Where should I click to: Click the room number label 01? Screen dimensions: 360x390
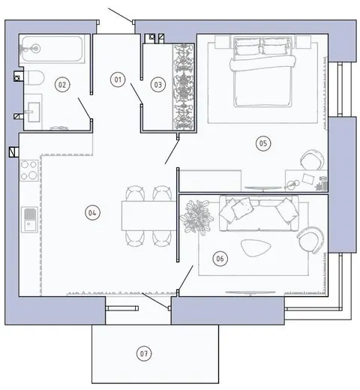pyautogui.click(x=118, y=79)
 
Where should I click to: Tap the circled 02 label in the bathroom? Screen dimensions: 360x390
pyautogui.click(x=62, y=85)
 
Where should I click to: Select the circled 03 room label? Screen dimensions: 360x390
pyautogui.click(x=158, y=85)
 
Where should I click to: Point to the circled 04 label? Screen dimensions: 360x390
pyautogui.click(x=92, y=213)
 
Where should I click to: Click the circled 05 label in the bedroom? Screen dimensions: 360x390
pyautogui.click(x=263, y=143)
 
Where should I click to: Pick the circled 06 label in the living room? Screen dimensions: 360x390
pyautogui.click(x=220, y=259)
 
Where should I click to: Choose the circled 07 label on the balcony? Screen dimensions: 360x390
pyautogui.click(x=144, y=353)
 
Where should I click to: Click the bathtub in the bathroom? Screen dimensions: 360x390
pyautogui.click(x=52, y=49)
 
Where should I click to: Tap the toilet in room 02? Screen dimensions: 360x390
pyautogui.click(x=34, y=78)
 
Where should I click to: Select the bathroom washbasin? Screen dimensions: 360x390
pyautogui.click(x=34, y=112)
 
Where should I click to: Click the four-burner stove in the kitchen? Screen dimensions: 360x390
pyautogui.click(x=29, y=170)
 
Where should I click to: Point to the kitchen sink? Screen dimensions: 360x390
pyautogui.click(x=29, y=220)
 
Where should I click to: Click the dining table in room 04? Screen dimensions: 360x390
pyautogui.click(x=149, y=215)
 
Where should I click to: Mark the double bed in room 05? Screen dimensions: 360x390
pyautogui.click(x=262, y=72)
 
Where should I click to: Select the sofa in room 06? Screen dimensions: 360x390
pyautogui.click(x=259, y=213)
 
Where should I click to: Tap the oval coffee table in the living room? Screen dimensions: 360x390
pyautogui.click(x=256, y=247)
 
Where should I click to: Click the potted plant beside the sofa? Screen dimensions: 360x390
pyautogui.click(x=197, y=217)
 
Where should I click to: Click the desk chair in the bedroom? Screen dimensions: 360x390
pyautogui.click(x=312, y=160)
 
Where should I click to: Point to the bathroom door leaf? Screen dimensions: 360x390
pyautogui.click(x=85, y=109)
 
